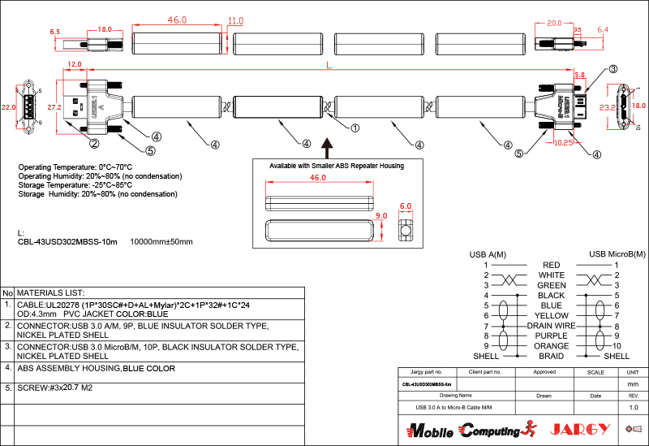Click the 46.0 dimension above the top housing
[177, 19]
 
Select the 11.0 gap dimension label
[235, 20]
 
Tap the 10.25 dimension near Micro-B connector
[564, 142]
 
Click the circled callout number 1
[355, 127]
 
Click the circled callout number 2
[94, 144]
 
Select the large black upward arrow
[327, 146]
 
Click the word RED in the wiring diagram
[551, 265]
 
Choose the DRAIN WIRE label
[551, 325]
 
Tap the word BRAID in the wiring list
[551, 356]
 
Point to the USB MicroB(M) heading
[617, 254]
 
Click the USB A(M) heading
[488, 254]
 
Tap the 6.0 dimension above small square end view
[406, 206]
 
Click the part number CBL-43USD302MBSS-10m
[67, 241]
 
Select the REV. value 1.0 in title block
[634, 407]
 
